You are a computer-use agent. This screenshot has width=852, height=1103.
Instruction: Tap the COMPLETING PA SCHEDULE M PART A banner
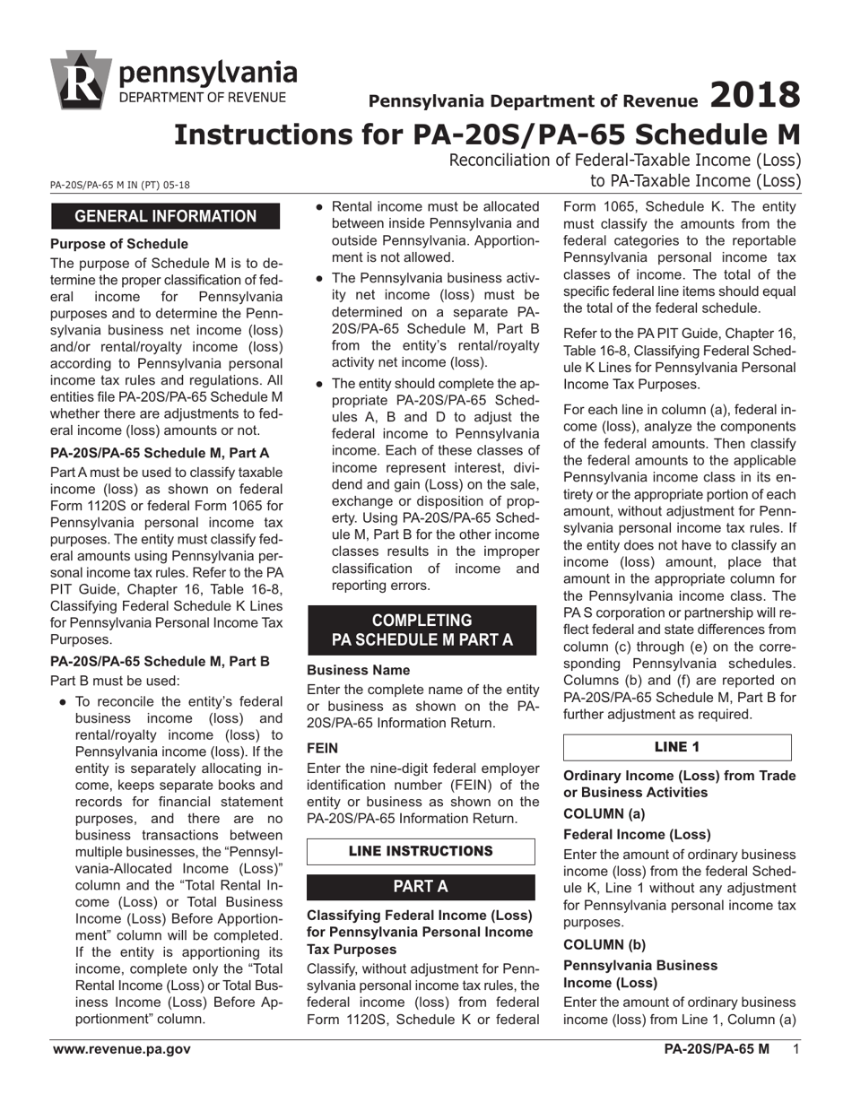click(x=422, y=630)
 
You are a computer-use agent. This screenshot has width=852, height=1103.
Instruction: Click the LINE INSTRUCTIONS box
click(x=421, y=850)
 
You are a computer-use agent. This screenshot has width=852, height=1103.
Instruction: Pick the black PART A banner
click(x=421, y=887)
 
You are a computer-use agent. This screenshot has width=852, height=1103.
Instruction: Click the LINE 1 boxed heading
click(x=677, y=747)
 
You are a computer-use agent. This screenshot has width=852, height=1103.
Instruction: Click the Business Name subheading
click(x=358, y=670)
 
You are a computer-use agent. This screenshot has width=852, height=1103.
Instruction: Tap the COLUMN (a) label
click(x=605, y=813)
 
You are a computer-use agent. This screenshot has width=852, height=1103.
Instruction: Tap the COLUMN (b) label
click(x=605, y=944)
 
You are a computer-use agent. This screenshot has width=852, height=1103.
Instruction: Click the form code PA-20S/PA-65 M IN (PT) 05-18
click(x=119, y=186)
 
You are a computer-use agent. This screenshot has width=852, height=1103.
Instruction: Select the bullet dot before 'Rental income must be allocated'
click(x=319, y=207)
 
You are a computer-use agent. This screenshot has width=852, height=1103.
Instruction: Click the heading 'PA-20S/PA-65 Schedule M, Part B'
click(x=160, y=662)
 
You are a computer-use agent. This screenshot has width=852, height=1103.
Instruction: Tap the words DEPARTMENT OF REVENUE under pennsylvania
click(x=203, y=97)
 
